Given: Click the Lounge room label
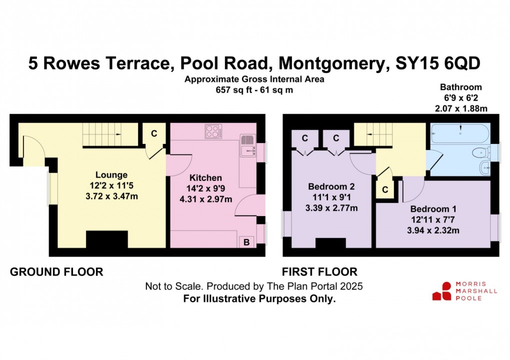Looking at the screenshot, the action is coord(111,175).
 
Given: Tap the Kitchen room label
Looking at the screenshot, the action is coord(205,178).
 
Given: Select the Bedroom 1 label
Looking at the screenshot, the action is coord(433,209).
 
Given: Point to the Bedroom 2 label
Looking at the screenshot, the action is coord(331,186).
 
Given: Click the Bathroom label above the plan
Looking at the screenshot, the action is coord(461,87).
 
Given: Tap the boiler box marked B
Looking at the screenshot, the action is coord(246,242).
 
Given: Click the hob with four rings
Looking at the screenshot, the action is coord(213,131).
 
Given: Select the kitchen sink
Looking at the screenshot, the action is coord(248,144).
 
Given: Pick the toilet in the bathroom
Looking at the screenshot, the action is coord(482,152).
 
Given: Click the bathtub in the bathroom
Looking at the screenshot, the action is coord(460,133).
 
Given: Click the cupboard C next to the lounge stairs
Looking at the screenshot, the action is coord(154,133).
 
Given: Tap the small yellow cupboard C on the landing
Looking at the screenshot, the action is coord(385,189).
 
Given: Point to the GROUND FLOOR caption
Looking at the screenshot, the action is coord(56,271).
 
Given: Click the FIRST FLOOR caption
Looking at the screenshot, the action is coord(319,271).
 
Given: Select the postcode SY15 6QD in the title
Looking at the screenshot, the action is coord(437,63).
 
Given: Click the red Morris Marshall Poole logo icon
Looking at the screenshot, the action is coord(441,291).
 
